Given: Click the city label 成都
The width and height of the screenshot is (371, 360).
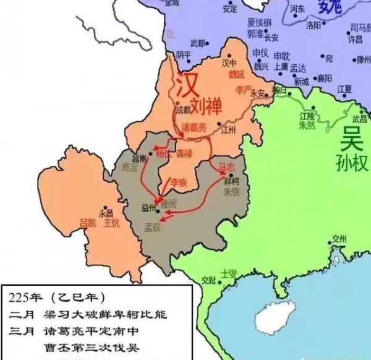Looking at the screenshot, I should [x=184, y=109].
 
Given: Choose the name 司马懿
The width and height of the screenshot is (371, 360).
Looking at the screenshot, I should [x=360, y=28].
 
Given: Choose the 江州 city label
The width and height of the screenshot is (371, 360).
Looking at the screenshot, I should [x=229, y=130].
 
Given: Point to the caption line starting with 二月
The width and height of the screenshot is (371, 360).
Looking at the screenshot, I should [x=87, y=314].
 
